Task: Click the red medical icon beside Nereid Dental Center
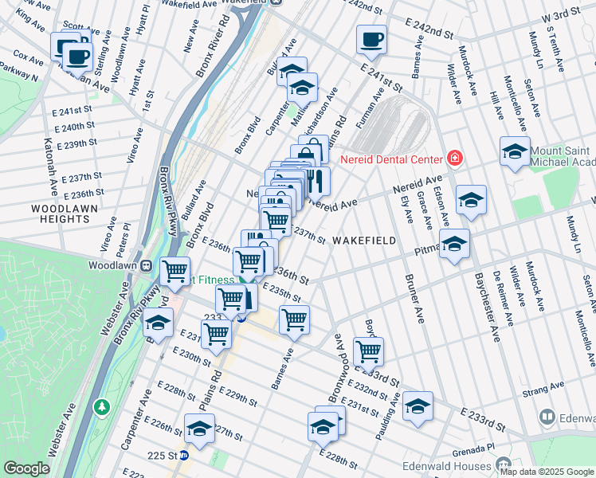point(454,158)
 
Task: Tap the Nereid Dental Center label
point(393,158)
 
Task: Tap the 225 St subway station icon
point(184,456)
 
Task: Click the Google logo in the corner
point(26,468)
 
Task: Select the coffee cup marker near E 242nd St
point(371,38)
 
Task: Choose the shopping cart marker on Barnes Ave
point(294,320)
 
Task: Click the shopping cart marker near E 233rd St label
point(368,351)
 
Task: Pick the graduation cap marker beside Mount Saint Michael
point(515,151)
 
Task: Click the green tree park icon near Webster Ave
point(101,407)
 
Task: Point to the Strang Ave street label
point(543,389)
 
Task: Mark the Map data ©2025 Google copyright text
point(546,472)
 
